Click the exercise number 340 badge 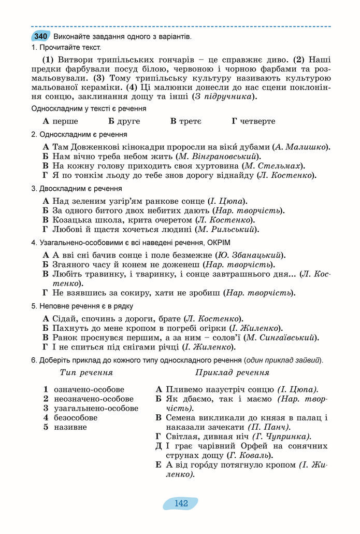(40, 36)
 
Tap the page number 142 (181, 503)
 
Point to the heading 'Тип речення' (87, 372)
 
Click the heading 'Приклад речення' (232, 372)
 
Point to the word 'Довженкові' (95, 147)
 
